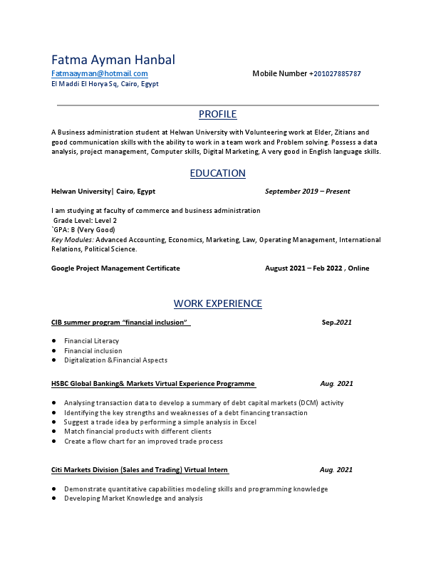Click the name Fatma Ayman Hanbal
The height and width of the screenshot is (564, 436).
(x=113, y=60)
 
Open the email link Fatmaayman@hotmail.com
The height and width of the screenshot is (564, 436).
(x=100, y=73)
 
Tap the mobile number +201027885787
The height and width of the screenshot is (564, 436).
(x=335, y=74)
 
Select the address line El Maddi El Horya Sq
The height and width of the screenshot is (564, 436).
(x=105, y=84)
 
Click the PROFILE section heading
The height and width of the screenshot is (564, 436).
(x=217, y=115)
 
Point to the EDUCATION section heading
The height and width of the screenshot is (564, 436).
(x=217, y=174)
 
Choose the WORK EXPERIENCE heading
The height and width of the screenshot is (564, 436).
(x=217, y=304)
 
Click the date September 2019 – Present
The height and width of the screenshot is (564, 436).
(x=307, y=192)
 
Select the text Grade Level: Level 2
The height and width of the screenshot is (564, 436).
(x=85, y=221)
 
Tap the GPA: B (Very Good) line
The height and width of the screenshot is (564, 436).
(x=83, y=230)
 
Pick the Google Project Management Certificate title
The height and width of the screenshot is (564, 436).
(x=115, y=268)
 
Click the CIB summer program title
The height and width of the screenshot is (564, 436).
(x=120, y=323)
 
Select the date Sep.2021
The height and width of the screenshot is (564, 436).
(x=336, y=323)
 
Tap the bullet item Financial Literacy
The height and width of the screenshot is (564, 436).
(x=91, y=341)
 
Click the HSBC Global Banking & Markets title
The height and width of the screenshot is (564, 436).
(x=153, y=384)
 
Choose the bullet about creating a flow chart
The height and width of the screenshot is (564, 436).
(x=143, y=442)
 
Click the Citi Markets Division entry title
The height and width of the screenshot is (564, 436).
(x=140, y=470)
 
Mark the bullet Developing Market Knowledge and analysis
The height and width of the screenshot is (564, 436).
(x=133, y=498)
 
